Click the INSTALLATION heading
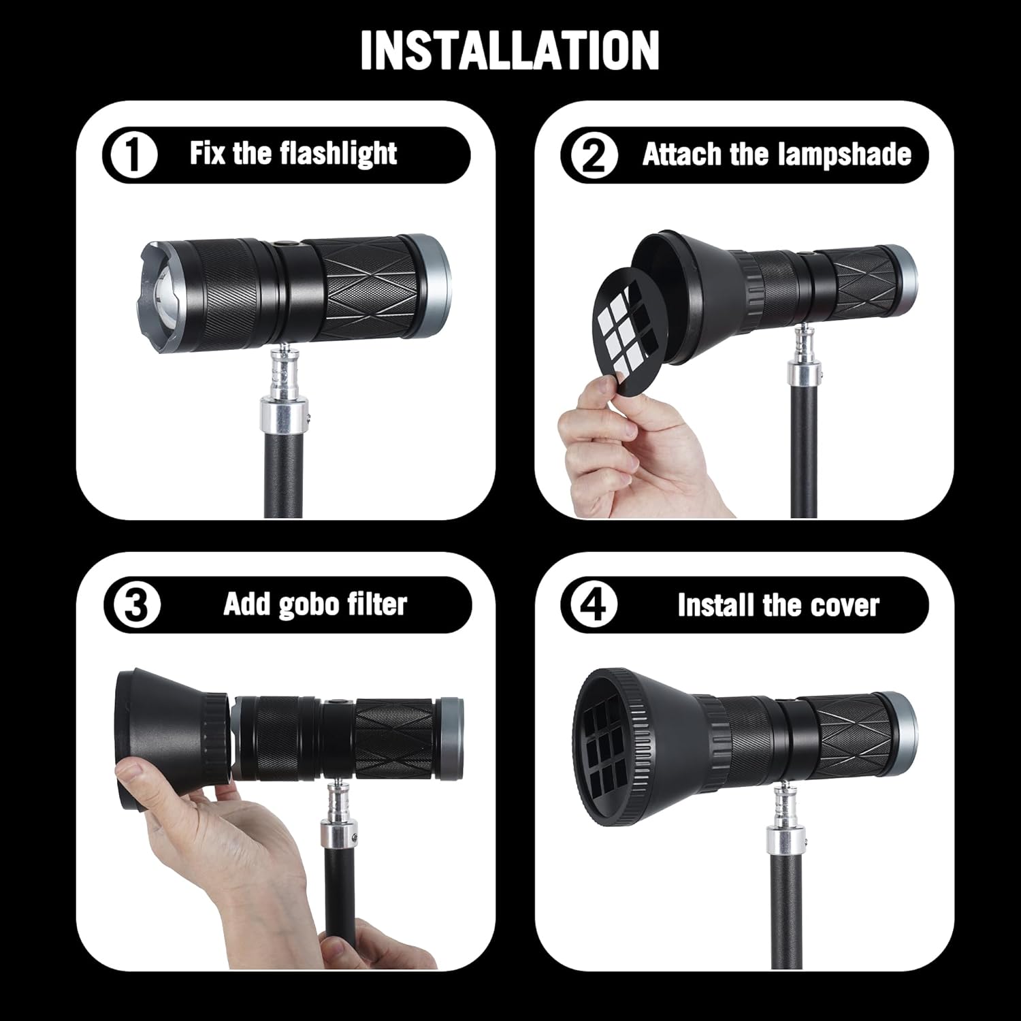(510, 50)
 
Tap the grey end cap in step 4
(898, 726)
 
